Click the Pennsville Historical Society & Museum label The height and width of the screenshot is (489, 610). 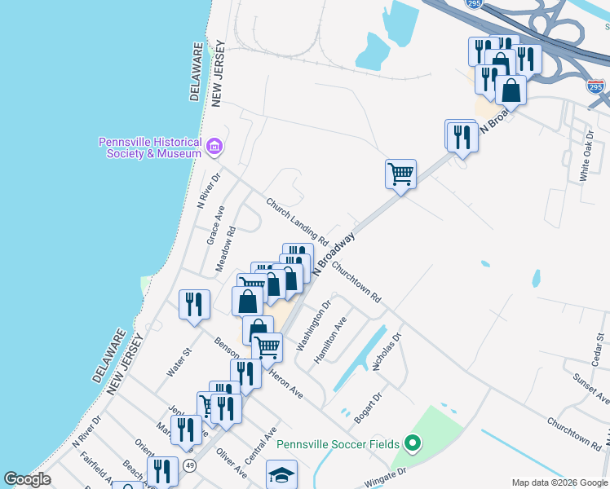click(x=150, y=148)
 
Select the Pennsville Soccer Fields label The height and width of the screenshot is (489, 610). click(x=337, y=444)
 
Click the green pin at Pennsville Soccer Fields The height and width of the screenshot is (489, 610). click(x=413, y=444)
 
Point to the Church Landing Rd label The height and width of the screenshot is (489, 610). click(x=297, y=221)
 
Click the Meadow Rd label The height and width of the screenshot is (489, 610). click(x=226, y=250)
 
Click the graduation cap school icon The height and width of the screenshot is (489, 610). click(x=282, y=475)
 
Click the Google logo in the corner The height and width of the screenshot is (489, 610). click(x=27, y=479)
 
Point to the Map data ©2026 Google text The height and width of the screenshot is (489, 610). click(x=559, y=482)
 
